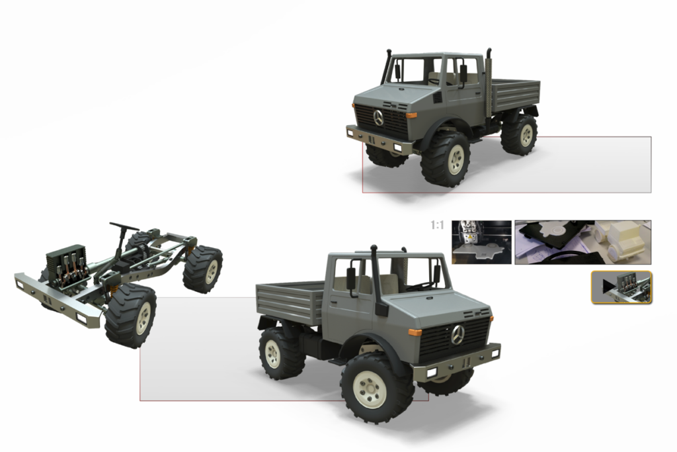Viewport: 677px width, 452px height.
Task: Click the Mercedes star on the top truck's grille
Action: pos(379,118)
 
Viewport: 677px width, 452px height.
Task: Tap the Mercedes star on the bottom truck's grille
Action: pos(458,335)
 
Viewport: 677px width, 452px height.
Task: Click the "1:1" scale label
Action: pos(437,225)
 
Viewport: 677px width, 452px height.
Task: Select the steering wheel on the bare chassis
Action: pos(124,226)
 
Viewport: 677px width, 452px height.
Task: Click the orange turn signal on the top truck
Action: pos(411,115)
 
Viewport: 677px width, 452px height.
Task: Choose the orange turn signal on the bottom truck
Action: pos(415,332)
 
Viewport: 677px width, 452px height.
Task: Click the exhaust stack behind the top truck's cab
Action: pos(489,84)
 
